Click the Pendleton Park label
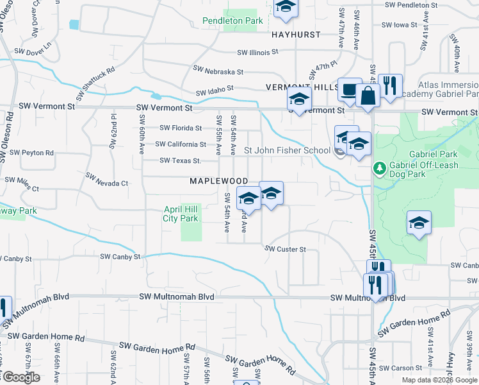tap(232, 21)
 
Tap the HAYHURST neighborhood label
tap(295, 35)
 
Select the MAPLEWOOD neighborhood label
tap(218, 182)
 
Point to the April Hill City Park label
tap(181, 214)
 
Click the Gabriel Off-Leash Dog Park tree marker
tap(379, 168)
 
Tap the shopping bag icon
tap(369, 97)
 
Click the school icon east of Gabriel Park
tap(419, 223)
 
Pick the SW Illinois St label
tap(258, 53)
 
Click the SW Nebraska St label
tap(218, 71)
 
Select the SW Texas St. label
tap(180, 160)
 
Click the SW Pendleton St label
tap(416, 5)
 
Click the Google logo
tap(20, 377)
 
